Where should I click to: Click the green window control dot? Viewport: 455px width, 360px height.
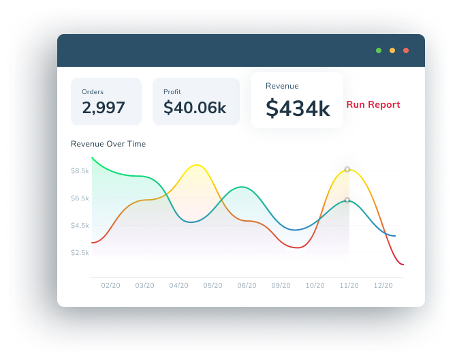point(379,50)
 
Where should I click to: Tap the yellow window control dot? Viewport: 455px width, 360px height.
point(392,50)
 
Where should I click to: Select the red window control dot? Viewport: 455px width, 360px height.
point(406,50)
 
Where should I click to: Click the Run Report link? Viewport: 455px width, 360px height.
point(373,104)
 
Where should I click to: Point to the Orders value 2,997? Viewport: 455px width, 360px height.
point(104,107)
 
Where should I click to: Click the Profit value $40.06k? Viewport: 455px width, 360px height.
point(195,107)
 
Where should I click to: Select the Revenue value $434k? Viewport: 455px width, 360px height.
point(298,108)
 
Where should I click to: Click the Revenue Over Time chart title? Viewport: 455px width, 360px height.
point(108,144)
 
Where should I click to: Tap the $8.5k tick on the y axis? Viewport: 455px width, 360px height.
point(80,170)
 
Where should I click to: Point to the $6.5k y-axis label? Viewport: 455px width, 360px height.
point(80,198)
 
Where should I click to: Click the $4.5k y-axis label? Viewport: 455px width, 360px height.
point(80,225)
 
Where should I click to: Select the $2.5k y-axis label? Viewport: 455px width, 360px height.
point(80,252)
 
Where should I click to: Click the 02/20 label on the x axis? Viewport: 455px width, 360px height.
point(110,286)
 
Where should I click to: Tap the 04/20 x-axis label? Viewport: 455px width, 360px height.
point(178,286)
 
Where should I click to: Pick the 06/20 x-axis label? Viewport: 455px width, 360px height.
point(247,286)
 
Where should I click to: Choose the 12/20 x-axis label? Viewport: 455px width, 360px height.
point(383,286)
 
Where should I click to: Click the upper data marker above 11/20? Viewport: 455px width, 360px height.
point(347,169)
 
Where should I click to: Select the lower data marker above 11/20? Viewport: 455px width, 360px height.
point(347,200)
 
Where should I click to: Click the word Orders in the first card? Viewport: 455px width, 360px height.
point(93,91)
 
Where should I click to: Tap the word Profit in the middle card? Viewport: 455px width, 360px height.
point(172,91)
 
